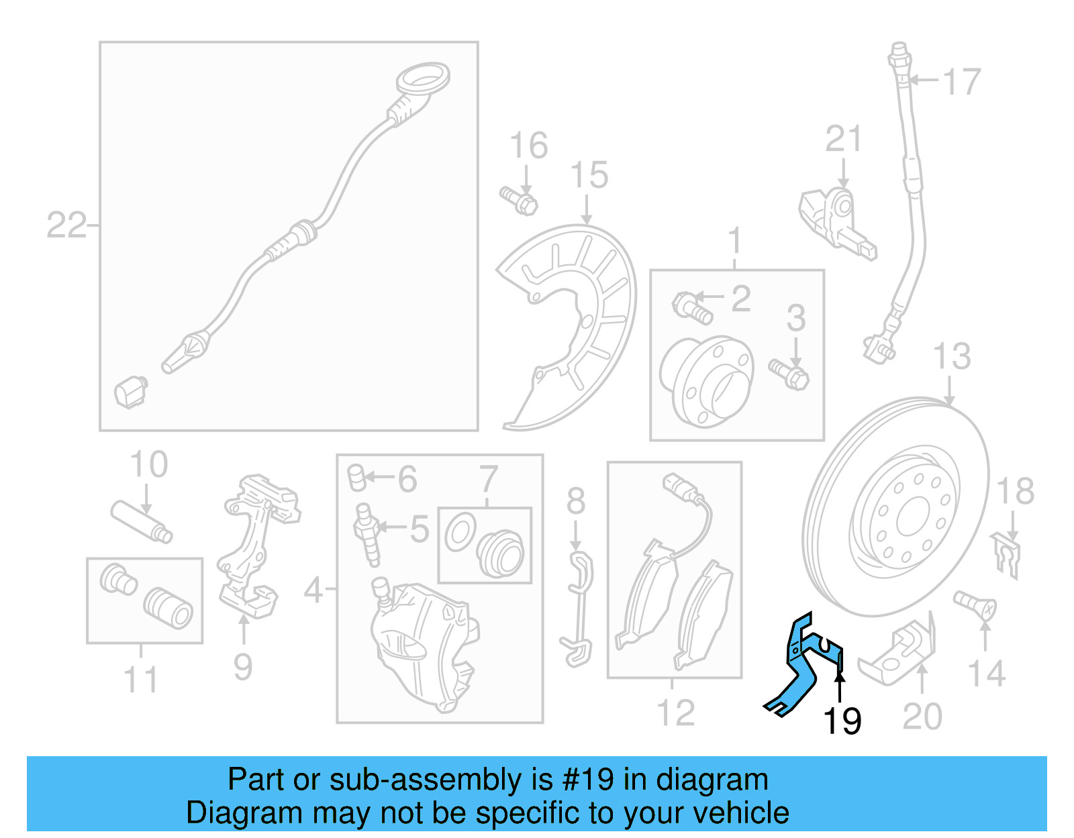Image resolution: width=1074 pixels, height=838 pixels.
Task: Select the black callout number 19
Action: [x=842, y=721]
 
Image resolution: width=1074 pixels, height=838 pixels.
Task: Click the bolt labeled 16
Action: [x=518, y=200]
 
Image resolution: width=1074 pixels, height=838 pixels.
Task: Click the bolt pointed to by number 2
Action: [x=691, y=308]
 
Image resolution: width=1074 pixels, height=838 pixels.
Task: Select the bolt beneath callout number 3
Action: [x=789, y=375]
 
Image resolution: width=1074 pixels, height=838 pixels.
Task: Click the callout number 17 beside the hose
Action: [x=962, y=82]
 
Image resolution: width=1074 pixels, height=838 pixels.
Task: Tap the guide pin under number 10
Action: [x=142, y=521]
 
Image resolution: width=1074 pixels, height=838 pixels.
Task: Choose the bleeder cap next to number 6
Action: [x=356, y=477]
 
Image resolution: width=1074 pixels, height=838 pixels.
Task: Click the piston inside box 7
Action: [x=500, y=553]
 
